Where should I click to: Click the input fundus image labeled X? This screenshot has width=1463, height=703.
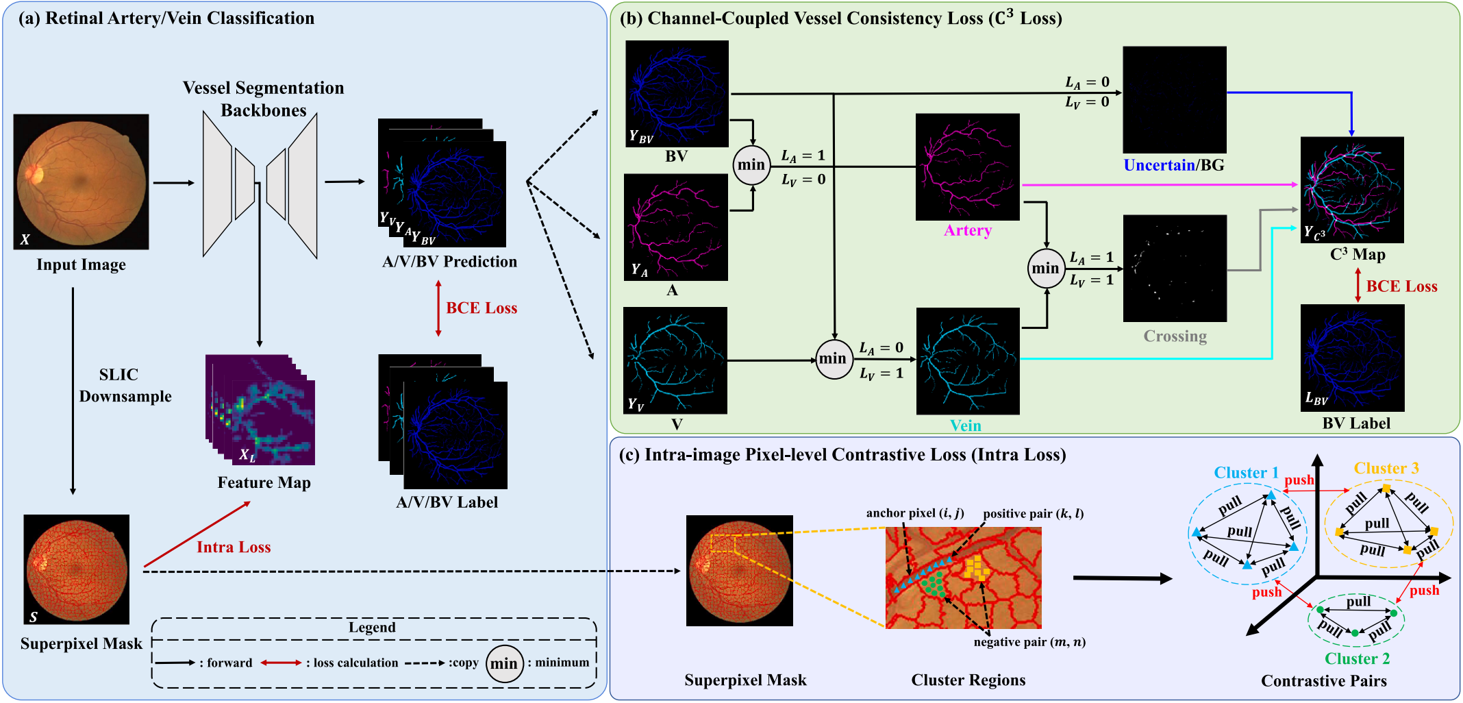(x=81, y=182)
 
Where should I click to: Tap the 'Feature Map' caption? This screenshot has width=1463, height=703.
(x=264, y=482)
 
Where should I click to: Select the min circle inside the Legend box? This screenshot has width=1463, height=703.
(x=504, y=663)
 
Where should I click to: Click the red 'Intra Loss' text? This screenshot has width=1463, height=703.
(x=234, y=547)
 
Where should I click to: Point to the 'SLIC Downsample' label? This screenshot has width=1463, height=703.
(x=123, y=385)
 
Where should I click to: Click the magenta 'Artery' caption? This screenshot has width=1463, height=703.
(x=967, y=230)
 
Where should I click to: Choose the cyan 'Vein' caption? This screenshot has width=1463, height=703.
(x=965, y=425)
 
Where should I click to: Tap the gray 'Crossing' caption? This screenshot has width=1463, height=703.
(x=1175, y=336)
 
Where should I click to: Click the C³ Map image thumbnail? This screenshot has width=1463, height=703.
(x=1352, y=190)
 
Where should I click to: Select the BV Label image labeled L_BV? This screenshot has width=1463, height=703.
(x=1352, y=358)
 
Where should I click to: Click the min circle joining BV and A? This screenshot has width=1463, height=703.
(x=751, y=165)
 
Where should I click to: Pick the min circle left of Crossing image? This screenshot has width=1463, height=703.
(x=1045, y=269)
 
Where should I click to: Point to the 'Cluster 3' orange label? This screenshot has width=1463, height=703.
(x=1386, y=469)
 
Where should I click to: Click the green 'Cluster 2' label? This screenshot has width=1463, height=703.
(x=1357, y=658)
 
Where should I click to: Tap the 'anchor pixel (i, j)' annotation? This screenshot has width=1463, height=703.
(x=914, y=513)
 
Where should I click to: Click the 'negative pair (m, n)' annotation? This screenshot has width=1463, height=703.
(x=1029, y=642)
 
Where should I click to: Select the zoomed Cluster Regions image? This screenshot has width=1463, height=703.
(x=963, y=578)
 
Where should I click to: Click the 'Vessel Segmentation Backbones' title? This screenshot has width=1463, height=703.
(x=263, y=99)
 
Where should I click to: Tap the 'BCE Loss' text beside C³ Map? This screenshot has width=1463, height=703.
(x=1401, y=286)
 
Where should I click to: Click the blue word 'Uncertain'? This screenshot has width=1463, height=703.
(x=1158, y=165)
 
